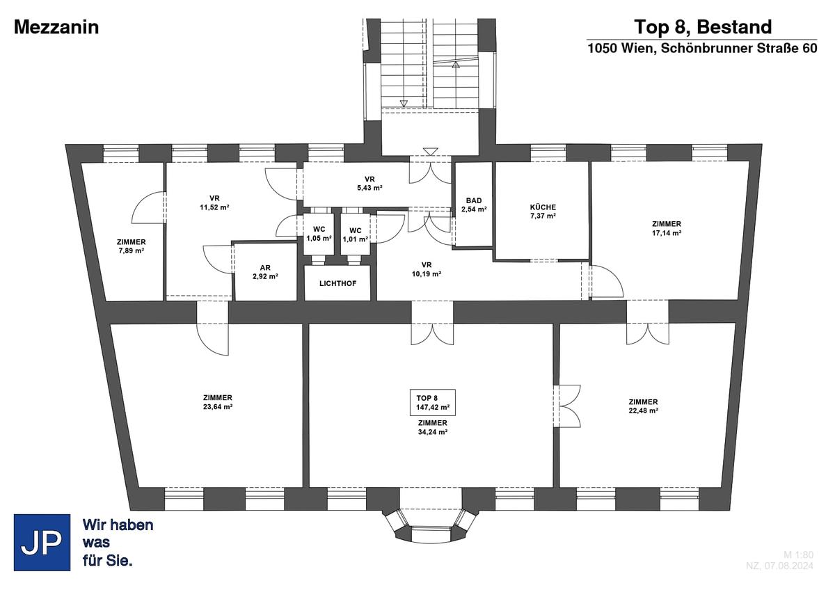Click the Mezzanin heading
[56, 28]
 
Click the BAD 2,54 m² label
[474, 205]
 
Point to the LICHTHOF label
[337, 284]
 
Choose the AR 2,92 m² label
[265, 272]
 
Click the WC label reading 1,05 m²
[319, 234]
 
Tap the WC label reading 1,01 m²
[356, 234]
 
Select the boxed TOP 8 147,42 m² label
[433, 403]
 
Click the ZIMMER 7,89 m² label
[132, 246]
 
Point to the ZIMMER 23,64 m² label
[218, 402]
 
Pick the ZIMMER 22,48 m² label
[643, 406]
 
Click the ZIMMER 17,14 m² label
[667, 228]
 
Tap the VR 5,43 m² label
[369, 184]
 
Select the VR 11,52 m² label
[214, 202]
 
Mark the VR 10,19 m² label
[427, 269]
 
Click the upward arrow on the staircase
[456, 64]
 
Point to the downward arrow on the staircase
[404, 103]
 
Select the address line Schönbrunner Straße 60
[702, 49]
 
